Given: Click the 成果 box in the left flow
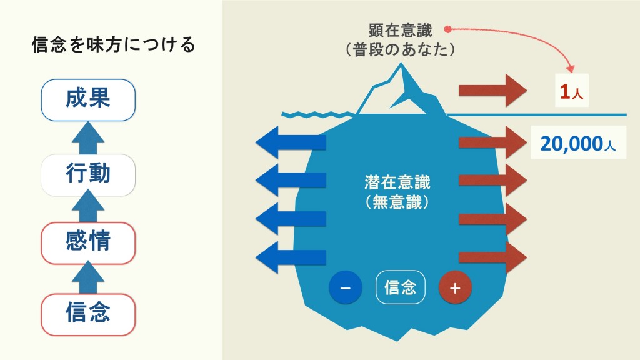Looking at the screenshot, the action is tap(88, 100).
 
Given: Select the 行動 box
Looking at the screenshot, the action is tap(88, 175).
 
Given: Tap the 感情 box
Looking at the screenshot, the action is tap(88, 243).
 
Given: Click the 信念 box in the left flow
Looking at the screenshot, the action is tap(88, 315).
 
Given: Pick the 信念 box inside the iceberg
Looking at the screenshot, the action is tap(401, 287).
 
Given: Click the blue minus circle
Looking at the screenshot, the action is tap(345, 287).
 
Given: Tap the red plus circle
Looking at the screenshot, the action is tap(455, 287).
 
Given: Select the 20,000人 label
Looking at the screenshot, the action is tap(578, 143).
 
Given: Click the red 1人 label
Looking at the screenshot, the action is tap(571, 91).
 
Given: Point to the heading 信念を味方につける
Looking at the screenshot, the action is tap(114, 44).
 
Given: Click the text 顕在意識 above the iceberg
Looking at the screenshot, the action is tap(400, 30).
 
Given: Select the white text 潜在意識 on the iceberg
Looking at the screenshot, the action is tap(397, 182).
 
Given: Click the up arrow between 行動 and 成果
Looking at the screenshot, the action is tap(88, 138).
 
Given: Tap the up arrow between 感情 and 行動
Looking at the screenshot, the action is tap(88, 206).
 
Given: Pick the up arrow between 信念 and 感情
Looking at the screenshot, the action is tap(88, 277).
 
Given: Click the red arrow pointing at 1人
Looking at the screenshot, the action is tap(492, 90).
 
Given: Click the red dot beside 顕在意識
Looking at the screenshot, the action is tap(447, 29).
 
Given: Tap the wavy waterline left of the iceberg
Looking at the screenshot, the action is tap(317, 114).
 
